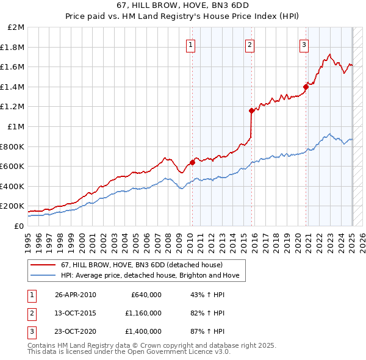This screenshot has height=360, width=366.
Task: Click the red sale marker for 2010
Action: pyautogui.click(x=192, y=162)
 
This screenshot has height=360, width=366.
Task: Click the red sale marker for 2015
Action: pyautogui.click(x=251, y=110)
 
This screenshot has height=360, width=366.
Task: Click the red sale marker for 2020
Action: pyautogui.click(x=306, y=87)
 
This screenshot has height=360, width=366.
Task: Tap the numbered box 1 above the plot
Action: pyautogui.click(x=191, y=44)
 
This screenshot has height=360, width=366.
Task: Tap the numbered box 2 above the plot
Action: pyautogui.click(x=250, y=44)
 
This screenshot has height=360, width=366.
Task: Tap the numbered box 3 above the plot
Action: pyautogui.click(x=304, y=44)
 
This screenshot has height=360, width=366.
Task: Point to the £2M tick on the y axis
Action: pyautogui.click(x=16, y=27)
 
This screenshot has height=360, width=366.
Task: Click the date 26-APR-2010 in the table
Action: pyautogui.click(x=75, y=295)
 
